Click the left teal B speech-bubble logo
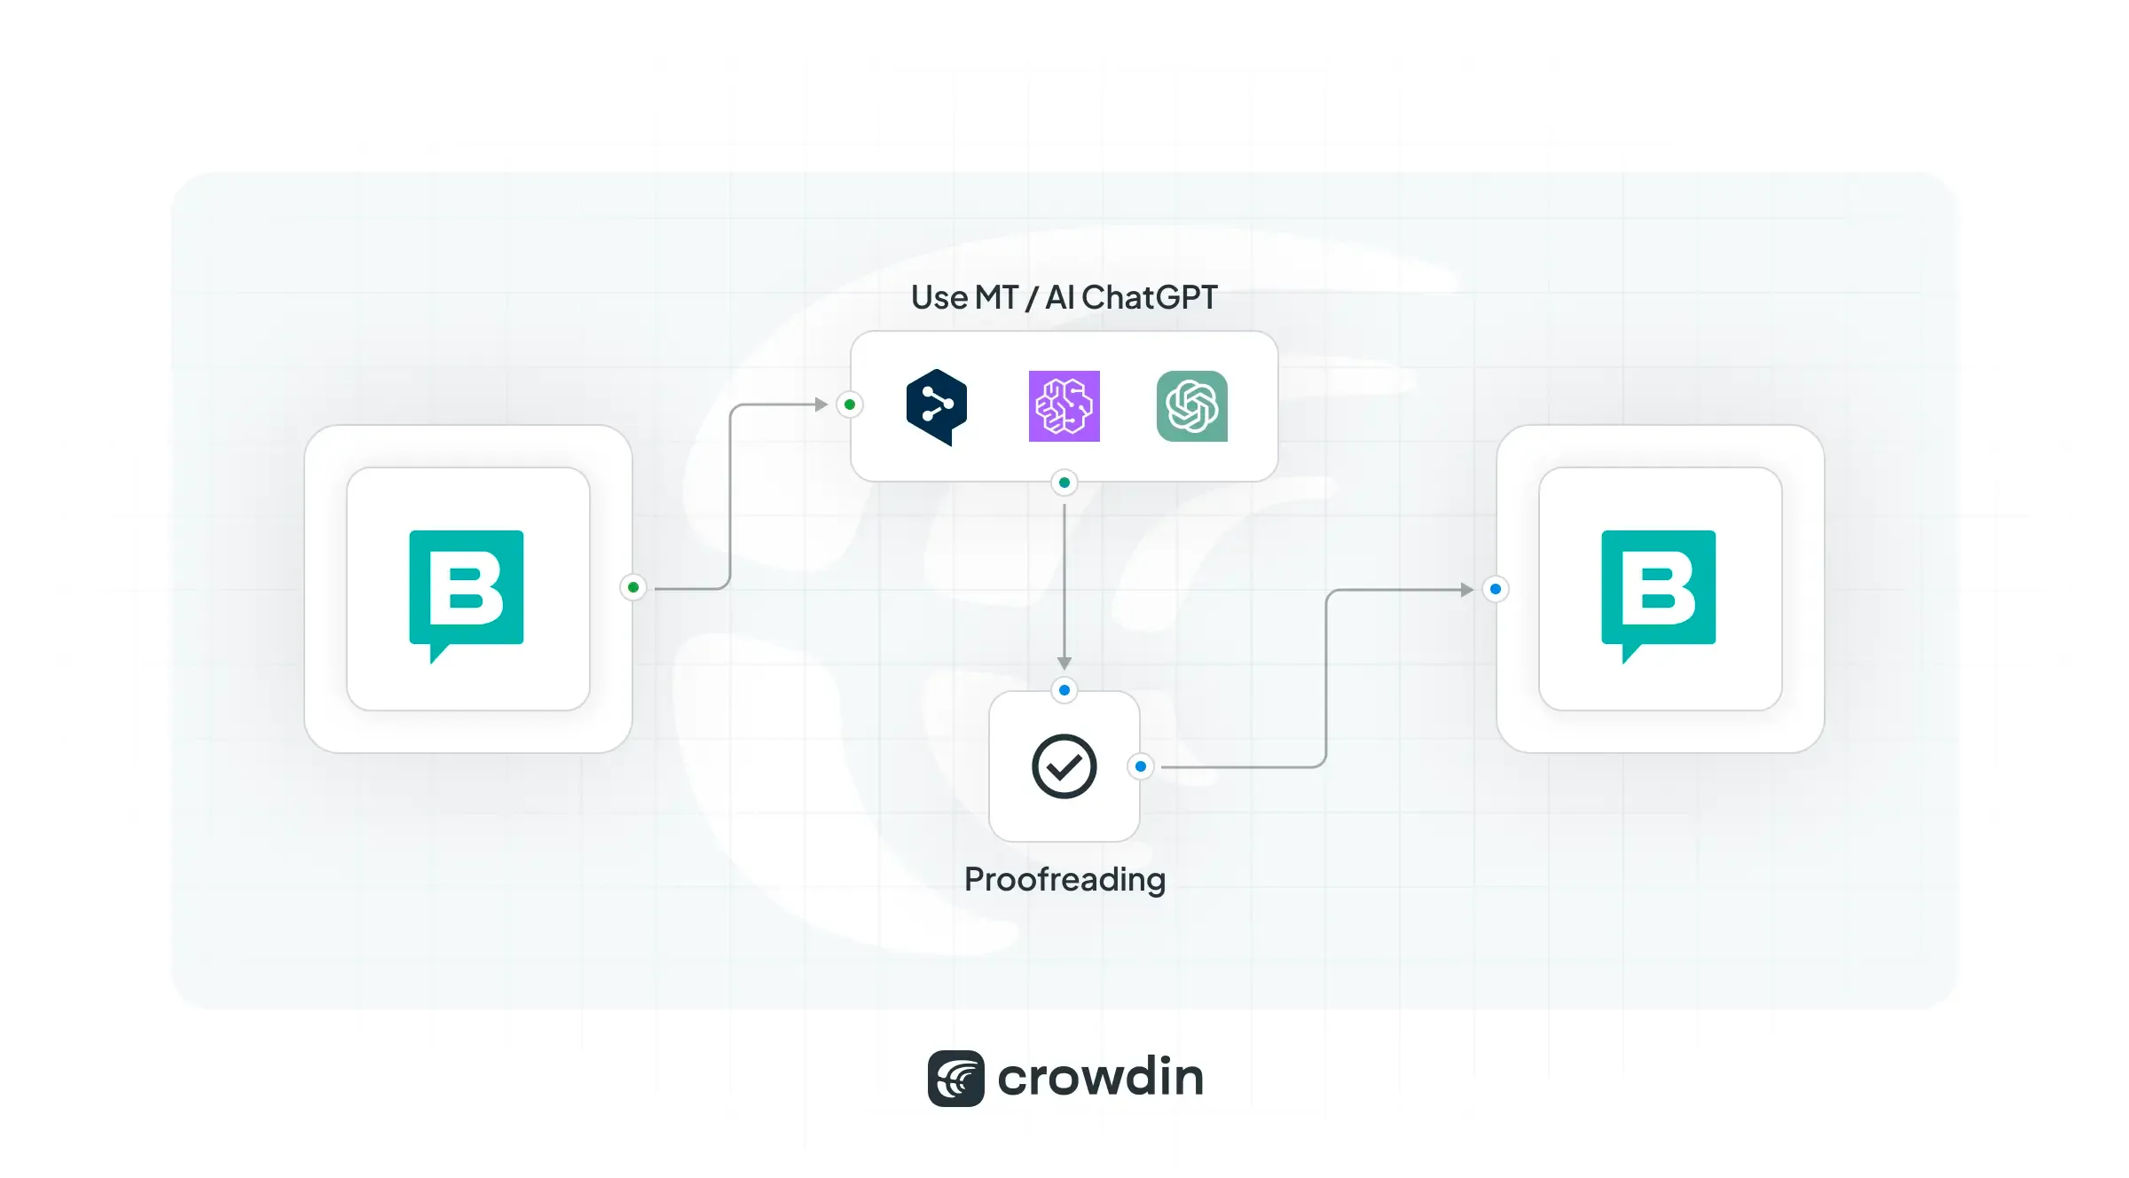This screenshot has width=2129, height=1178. click(x=467, y=590)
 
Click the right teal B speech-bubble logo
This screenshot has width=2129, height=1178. click(x=1659, y=590)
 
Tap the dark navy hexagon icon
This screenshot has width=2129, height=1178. click(x=937, y=406)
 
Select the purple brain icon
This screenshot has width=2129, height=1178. click(x=1064, y=406)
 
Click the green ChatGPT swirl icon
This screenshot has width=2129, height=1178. click(x=1192, y=406)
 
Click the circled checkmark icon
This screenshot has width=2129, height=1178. click(x=1064, y=766)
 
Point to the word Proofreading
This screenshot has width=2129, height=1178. click(x=1064, y=880)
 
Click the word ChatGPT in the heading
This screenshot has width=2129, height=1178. click(x=1150, y=298)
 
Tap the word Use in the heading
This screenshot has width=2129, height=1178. click(x=939, y=298)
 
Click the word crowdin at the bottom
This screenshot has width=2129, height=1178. click(x=1101, y=1078)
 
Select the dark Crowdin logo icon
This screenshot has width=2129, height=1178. click(x=955, y=1079)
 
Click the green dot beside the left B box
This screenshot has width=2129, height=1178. click(x=633, y=587)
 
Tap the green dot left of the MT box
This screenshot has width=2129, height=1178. click(x=850, y=404)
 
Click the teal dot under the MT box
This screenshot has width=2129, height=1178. click(x=1064, y=483)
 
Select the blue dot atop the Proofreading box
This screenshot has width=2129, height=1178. click(x=1064, y=690)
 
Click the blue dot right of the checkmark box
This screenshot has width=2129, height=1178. click(x=1141, y=766)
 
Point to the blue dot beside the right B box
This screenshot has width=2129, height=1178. click(x=1496, y=589)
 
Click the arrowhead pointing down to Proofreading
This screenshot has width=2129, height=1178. click(x=1064, y=663)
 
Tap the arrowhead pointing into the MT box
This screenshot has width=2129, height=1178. click(x=821, y=404)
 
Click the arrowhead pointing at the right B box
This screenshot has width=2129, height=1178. click(x=1466, y=589)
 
